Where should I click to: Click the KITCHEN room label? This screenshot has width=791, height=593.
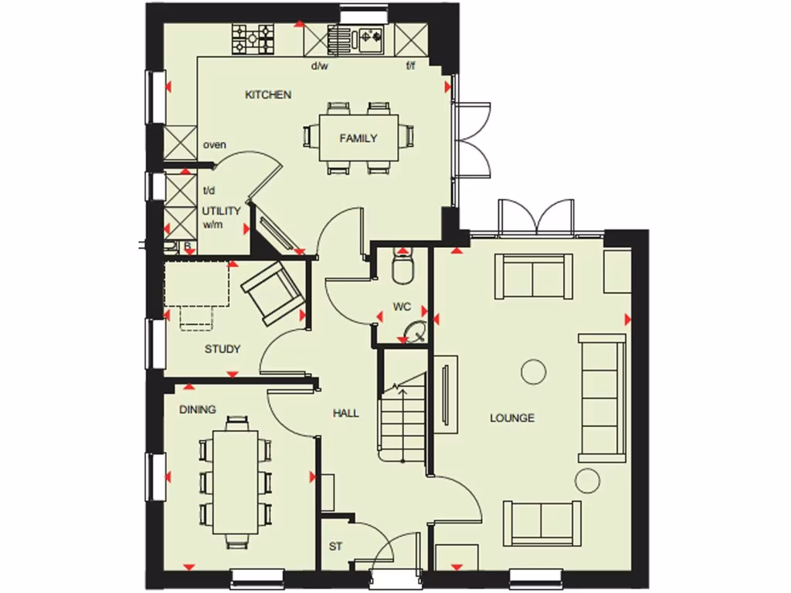tap(268, 95)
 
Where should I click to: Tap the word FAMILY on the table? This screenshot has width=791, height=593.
tap(358, 139)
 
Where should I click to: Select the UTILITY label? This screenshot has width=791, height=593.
tap(222, 211)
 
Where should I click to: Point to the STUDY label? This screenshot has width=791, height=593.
tap(222, 349)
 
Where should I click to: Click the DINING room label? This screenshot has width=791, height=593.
tap(198, 409)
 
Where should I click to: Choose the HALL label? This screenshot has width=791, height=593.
tap(346, 414)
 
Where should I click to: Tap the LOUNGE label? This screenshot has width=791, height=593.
tap(512, 418)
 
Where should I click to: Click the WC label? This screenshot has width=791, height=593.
tap(402, 307)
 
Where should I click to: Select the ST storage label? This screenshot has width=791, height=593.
tap(335, 547)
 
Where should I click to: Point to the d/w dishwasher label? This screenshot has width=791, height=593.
tap(320, 66)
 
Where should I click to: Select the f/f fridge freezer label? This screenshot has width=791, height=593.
tap(412, 66)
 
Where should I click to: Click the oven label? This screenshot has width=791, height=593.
tap(214, 144)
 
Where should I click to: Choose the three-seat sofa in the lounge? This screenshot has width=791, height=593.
tap(603, 398)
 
